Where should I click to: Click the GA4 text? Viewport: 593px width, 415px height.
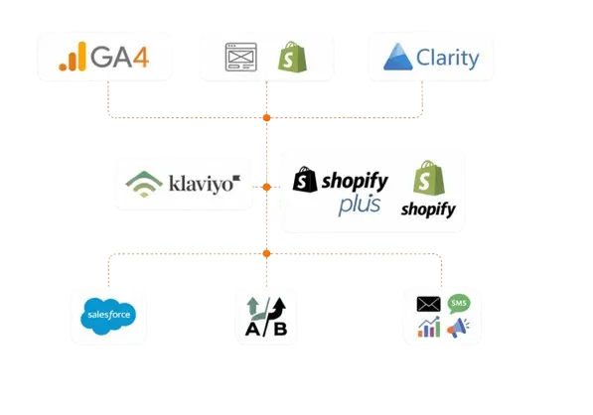pyautogui.click(x=119, y=57)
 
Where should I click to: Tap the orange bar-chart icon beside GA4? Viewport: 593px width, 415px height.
pyautogui.click(x=73, y=57)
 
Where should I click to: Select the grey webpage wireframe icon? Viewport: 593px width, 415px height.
pyautogui.click(x=241, y=57)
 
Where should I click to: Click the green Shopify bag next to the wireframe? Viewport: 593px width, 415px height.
pyautogui.click(x=292, y=57)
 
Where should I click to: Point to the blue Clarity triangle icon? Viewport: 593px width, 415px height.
pyautogui.click(x=398, y=57)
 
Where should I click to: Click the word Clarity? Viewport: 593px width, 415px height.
pyautogui.click(x=448, y=59)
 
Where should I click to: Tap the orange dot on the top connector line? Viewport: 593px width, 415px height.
pyautogui.click(x=266, y=117)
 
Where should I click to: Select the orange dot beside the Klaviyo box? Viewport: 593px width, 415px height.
pyautogui.click(x=266, y=187)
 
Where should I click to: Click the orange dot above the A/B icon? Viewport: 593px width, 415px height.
pyautogui.click(x=266, y=253)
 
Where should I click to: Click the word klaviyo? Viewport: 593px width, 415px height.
pyautogui.click(x=205, y=185)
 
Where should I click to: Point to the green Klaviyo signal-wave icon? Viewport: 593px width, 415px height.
pyautogui.click(x=144, y=184)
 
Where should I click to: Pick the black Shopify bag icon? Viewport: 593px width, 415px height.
pyautogui.click(x=305, y=179)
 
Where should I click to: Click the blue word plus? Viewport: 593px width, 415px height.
pyautogui.click(x=360, y=206)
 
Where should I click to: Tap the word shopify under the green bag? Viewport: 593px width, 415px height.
pyautogui.click(x=428, y=209)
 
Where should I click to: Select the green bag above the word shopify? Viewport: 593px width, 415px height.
pyautogui.click(x=429, y=178)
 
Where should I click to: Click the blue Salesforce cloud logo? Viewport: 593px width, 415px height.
pyautogui.click(x=108, y=316)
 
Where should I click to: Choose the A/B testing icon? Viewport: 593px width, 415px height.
pyautogui.click(x=266, y=317)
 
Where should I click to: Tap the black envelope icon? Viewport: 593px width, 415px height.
pyautogui.click(x=428, y=304)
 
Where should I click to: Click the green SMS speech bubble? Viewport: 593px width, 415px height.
pyautogui.click(x=459, y=304)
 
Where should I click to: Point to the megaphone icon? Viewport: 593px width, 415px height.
pyautogui.click(x=458, y=328)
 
